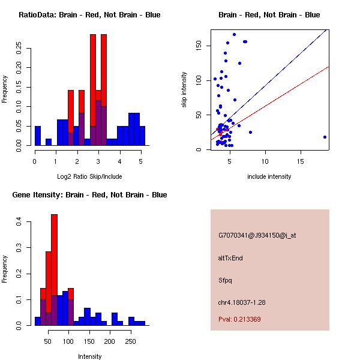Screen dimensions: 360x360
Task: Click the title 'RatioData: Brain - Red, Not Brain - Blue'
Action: (89, 15)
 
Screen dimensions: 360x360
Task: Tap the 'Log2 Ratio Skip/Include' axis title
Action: (89, 176)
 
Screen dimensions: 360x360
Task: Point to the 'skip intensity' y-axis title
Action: (185, 90)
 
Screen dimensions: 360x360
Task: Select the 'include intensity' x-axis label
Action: (269, 176)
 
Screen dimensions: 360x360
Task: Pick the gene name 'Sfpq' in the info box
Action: (226, 280)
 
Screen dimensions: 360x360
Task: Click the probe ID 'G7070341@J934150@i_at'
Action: (257, 235)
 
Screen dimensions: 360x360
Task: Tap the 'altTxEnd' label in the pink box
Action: (230, 258)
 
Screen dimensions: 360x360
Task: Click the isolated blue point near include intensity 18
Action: (325, 137)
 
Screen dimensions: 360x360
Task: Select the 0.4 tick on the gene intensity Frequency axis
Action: (19, 222)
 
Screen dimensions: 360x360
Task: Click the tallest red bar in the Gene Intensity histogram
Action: (54, 269)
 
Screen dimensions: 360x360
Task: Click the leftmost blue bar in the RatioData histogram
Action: (38, 136)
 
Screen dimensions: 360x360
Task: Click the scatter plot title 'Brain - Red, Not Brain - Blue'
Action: (269, 15)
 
